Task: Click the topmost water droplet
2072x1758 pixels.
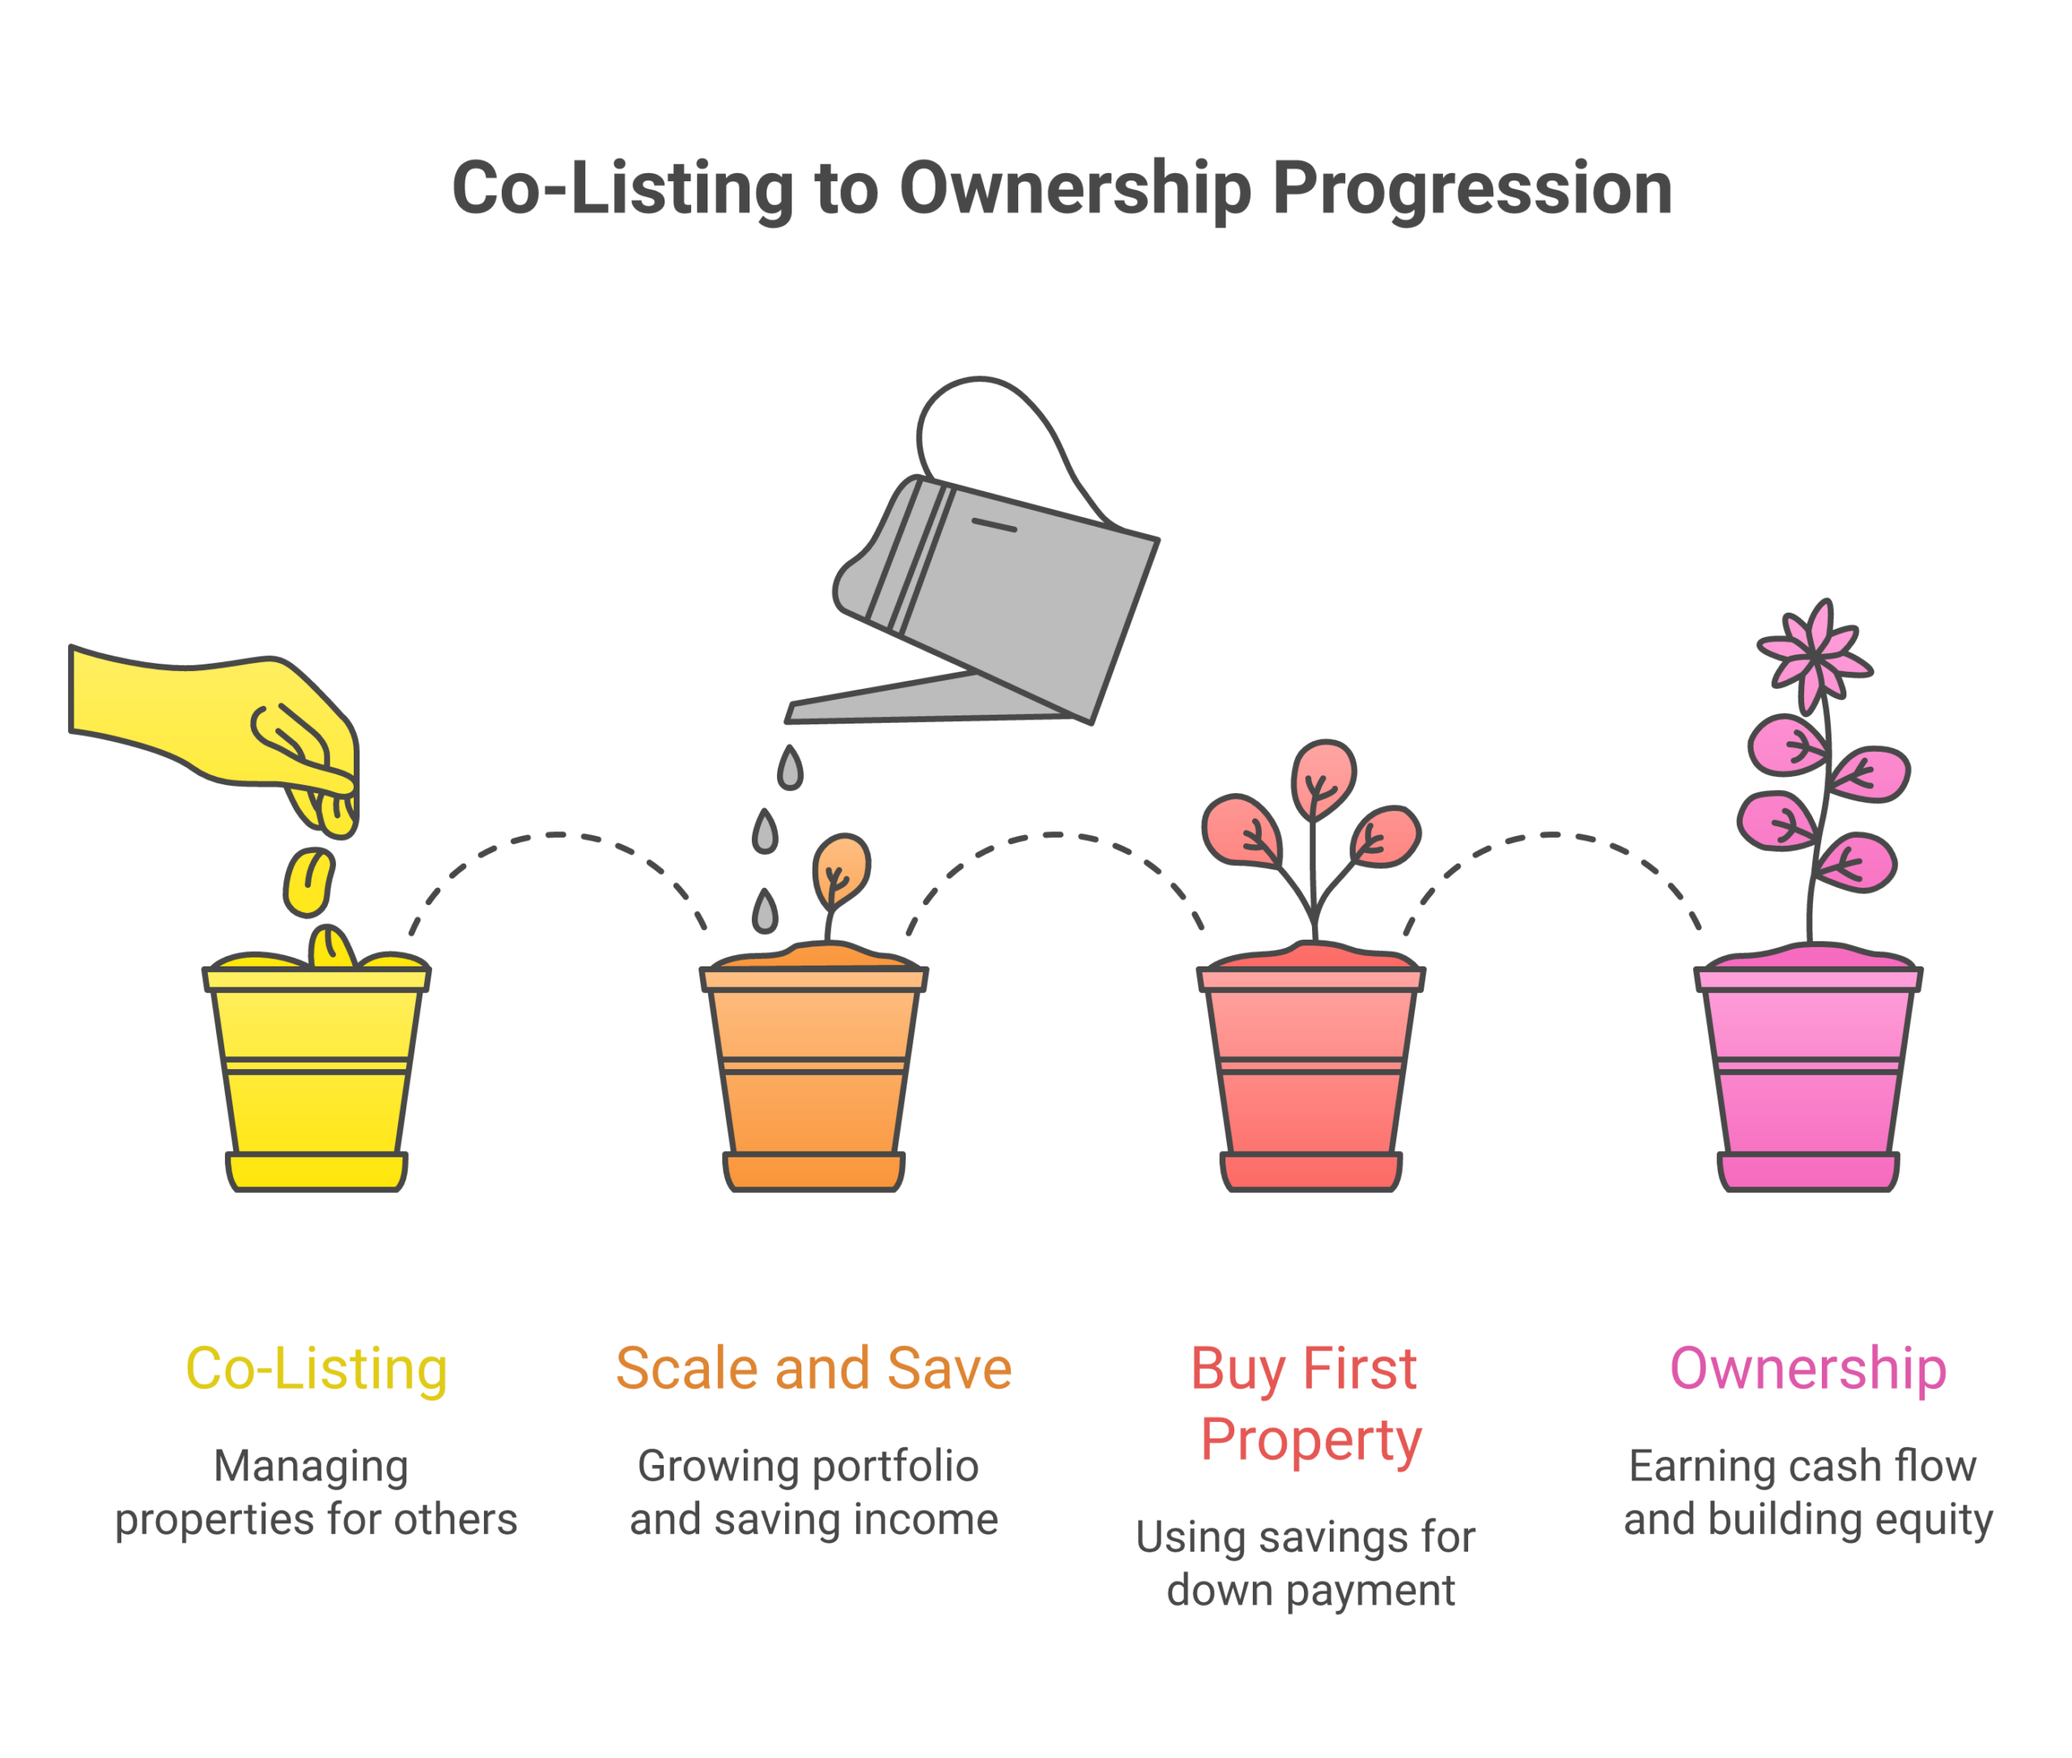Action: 790,768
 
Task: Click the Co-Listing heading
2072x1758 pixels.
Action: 316,1369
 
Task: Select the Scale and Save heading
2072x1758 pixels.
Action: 813,1369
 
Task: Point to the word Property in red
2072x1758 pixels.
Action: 1310,1441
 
